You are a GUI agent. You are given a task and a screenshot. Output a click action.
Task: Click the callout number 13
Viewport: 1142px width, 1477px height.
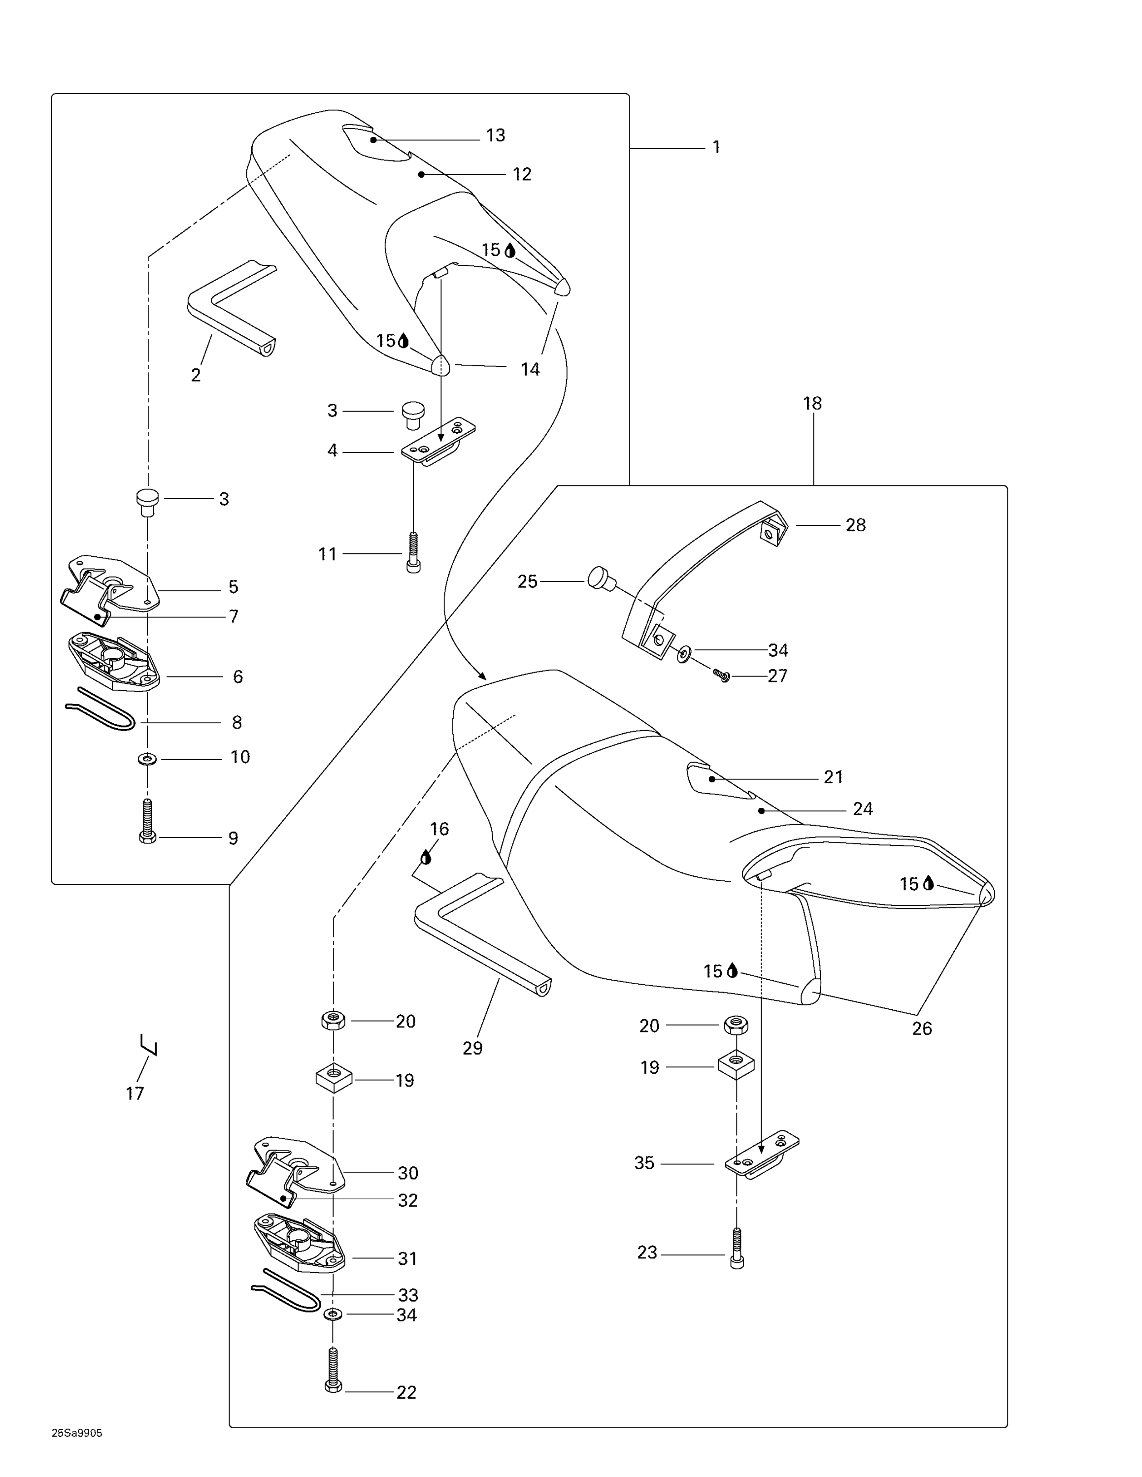click(x=495, y=135)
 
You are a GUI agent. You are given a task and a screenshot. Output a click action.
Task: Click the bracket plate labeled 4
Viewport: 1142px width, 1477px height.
click(x=437, y=440)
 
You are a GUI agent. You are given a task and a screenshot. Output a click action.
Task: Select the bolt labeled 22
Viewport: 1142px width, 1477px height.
click(x=333, y=1370)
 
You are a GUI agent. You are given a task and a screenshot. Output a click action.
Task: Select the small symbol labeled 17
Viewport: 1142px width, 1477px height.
click(x=149, y=1045)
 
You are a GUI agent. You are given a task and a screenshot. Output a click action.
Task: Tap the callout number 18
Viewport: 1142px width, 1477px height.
click(x=812, y=404)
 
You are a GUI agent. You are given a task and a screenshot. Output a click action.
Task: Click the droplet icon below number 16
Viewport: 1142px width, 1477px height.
click(x=426, y=858)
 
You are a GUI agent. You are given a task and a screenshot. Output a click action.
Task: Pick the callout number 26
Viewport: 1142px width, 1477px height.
click(x=921, y=1028)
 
